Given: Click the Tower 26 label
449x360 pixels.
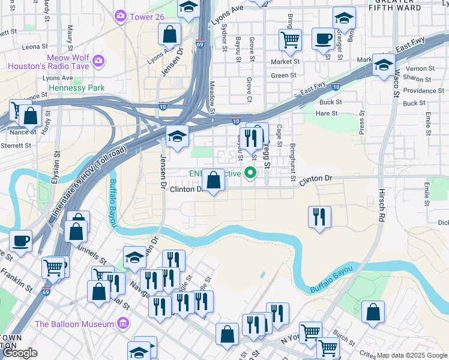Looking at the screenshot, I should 146,16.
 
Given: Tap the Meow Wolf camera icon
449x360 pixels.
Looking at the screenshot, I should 98,61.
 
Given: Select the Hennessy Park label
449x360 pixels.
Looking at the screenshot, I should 76,88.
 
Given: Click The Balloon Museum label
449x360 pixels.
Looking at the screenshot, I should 74,324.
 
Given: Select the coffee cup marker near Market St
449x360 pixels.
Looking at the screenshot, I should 323,40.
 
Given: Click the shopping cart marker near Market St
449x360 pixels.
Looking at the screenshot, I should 290,40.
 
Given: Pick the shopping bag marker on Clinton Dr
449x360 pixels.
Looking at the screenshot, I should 214,179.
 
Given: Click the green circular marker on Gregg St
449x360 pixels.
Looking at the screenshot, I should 249,174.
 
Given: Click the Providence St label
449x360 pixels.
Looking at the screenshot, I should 423,91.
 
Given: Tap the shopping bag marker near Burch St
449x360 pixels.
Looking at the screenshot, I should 373,312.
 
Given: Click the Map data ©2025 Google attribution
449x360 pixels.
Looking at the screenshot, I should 411,355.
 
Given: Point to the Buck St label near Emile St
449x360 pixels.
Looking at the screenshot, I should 414,103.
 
